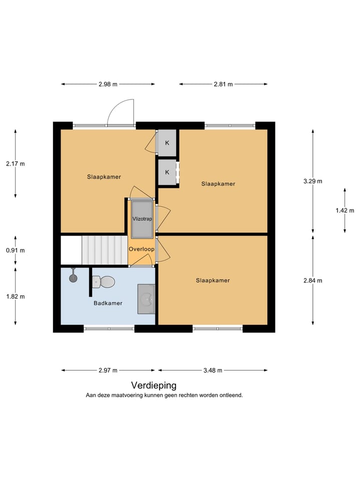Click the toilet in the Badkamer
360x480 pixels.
point(104,282)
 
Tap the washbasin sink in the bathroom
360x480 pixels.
point(146,299)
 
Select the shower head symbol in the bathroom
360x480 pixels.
point(73,276)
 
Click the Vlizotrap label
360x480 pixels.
point(142,219)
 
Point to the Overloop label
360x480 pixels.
point(141,249)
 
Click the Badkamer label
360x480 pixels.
point(108,303)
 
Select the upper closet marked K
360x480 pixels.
point(167,143)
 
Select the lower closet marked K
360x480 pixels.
point(167,172)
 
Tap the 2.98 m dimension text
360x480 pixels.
point(108,84)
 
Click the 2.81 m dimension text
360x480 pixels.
point(223,84)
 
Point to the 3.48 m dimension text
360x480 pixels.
point(212,370)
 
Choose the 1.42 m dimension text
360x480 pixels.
point(344,210)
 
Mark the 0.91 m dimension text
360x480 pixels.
point(15,250)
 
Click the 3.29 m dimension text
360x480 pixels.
point(312,181)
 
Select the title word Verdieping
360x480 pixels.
point(153,385)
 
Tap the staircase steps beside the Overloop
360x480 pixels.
point(104,250)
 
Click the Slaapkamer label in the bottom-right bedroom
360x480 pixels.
point(212,280)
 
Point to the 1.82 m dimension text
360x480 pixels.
point(15,296)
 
